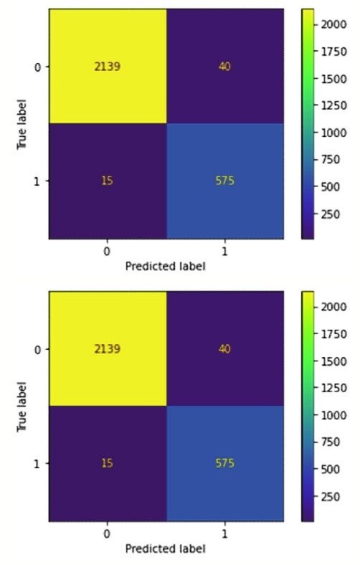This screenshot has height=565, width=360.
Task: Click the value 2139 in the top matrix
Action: pyautogui.click(x=107, y=67)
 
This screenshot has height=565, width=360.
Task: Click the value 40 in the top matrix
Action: pyautogui.click(x=225, y=67)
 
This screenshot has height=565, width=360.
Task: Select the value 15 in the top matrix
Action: pyautogui.click(x=107, y=181)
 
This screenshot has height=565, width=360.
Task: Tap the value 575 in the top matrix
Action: pyautogui.click(x=225, y=181)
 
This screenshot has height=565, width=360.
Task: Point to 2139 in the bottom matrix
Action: pyautogui.click(x=107, y=349)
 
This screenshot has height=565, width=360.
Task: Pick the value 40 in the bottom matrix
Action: pyautogui.click(x=225, y=349)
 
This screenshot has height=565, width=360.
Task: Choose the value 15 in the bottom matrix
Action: pyautogui.click(x=107, y=463)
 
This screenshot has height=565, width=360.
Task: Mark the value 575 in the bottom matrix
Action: pyautogui.click(x=225, y=463)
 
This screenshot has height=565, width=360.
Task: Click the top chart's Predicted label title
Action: pyautogui.click(x=165, y=266)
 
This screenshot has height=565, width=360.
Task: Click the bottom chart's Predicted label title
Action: pyautogui.click(x=165, y=549)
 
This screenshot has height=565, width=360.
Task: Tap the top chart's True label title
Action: pyautogui.click(x=23, y=123)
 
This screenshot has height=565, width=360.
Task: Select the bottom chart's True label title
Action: pyautogui.click(x=23, y=406)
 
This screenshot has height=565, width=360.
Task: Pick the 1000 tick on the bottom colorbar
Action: pyautogui.click(x=328, y=414)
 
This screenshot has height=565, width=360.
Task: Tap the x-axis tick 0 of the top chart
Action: pyautogui.click(x=107, y=252)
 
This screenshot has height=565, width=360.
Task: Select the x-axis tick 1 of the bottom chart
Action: pyautogui.click(x=225, y=534)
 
